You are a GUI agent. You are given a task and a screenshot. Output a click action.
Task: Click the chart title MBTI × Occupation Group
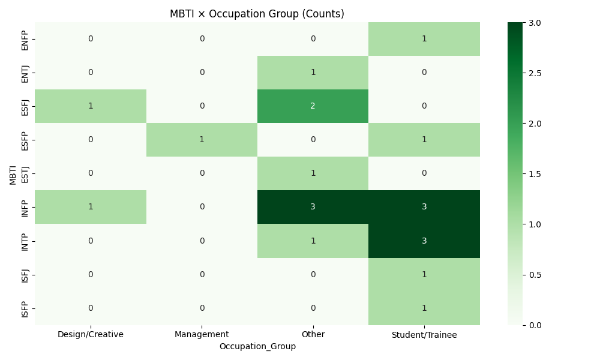click(x=257, y=14)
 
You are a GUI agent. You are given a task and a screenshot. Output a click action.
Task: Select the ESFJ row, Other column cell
click(x=313, y=106)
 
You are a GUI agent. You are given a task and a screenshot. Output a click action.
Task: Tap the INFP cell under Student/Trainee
click(x=424, y=207)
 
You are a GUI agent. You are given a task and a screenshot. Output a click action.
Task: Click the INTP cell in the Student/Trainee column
click(x=424, y=241)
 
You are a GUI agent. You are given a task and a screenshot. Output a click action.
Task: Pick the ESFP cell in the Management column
click(x=202, y=140)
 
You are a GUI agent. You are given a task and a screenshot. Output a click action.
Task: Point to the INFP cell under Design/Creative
click(x=91, y=207)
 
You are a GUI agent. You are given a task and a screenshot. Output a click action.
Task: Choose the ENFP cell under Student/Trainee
click(x=424, y=39)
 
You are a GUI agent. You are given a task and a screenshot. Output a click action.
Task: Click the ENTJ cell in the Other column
click(x=313, y=73)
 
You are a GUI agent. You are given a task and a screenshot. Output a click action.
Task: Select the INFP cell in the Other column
click(x=313, y=207)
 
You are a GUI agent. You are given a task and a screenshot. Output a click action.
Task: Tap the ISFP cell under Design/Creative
click(x=91, y=308)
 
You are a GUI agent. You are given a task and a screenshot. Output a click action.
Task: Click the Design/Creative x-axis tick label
click(x=91, y=334)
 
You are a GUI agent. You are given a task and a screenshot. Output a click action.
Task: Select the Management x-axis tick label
click(x=202, y=334)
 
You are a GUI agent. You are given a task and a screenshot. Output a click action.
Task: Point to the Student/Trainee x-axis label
click(x=424, y=334)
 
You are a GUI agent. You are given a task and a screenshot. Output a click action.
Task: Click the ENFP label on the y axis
click(x=25, y=39)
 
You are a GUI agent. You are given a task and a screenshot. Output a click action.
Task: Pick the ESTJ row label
click(x=25, y=173)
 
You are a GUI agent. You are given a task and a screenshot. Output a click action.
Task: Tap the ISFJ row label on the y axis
click(x=25, y=274)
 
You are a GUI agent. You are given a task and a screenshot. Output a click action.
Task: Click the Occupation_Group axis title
click(x=257, y=346)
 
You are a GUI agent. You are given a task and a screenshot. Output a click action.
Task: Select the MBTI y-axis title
click(x=13, y=173)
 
